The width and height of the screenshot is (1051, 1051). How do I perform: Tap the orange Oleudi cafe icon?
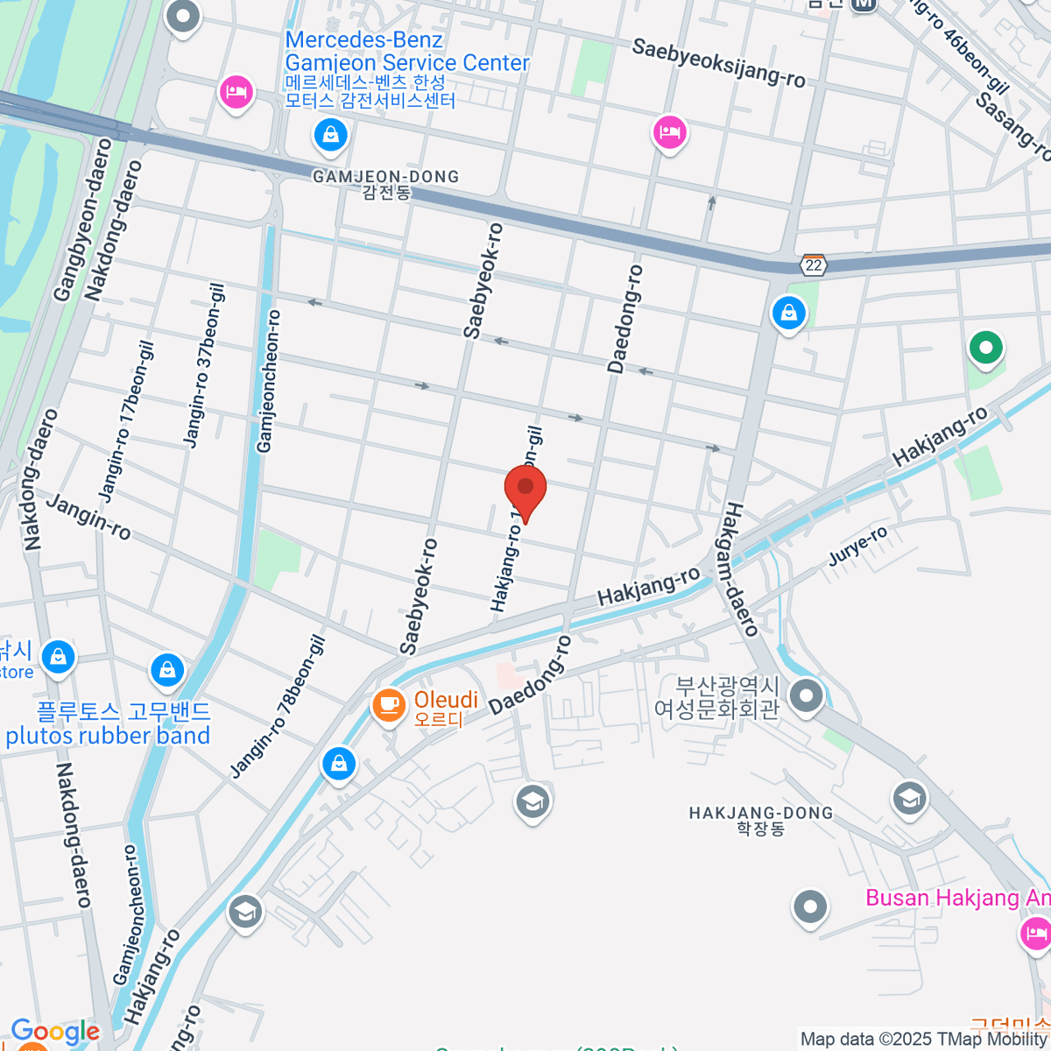click(388, 704)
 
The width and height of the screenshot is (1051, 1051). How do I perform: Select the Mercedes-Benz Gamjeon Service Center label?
click(407, 52)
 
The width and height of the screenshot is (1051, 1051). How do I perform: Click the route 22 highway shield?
click(814, 265)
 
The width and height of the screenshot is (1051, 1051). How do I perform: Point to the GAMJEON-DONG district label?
click(385, 177)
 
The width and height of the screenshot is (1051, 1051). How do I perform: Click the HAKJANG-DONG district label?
click(760, 814)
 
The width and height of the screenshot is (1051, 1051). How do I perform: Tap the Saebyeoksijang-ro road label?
click(718, 62)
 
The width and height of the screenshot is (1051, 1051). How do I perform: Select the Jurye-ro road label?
click(858, 547)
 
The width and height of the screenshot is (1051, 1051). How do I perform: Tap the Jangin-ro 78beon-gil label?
click(279, 707)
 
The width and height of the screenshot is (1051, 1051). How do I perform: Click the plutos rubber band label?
click(109, 736)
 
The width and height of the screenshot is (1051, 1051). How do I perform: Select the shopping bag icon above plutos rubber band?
click(166, 670)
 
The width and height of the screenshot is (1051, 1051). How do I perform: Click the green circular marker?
click(985, 348)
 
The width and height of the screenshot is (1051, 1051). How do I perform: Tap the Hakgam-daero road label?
click(741, 569)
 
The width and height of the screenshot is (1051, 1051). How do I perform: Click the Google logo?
click(55, 1032)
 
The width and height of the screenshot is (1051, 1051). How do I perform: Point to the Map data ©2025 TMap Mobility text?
click(924, 1040)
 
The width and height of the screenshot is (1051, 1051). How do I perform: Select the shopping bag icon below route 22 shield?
click(788, 312)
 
